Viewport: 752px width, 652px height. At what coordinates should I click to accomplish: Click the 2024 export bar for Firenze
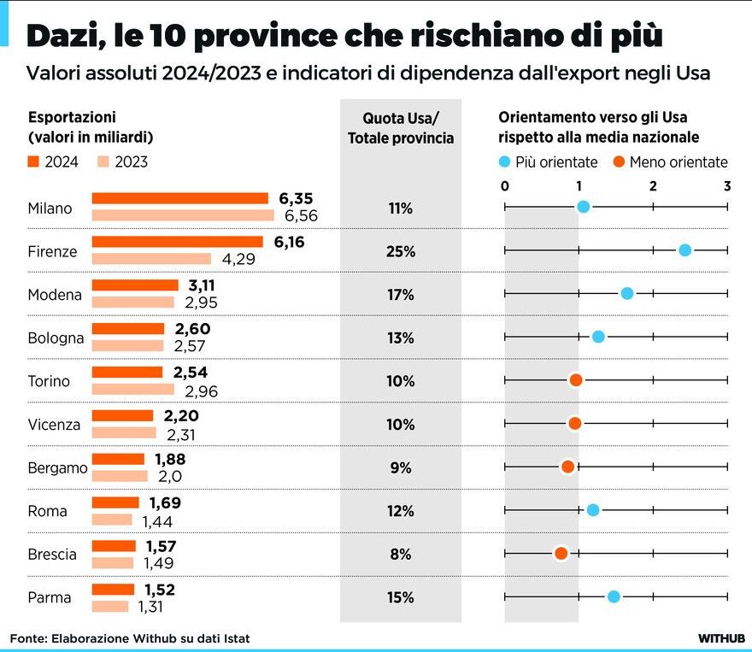click(x=177, y=242)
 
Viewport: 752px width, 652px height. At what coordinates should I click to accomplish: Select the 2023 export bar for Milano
click(x=182, y=215)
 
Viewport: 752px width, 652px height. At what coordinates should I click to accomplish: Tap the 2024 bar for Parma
click(x=113, y=589)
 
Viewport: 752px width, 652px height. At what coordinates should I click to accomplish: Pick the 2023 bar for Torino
click(x=132, y=389)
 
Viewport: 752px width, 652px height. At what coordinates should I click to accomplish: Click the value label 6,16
click(x=290, y=242)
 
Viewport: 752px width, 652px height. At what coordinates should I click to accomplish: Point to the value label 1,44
click(x=157, y=520)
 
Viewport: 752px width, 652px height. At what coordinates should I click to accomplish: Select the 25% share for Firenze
click(x=400, y=251)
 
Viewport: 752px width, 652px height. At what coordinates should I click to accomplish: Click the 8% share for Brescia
click(x=400, y=554)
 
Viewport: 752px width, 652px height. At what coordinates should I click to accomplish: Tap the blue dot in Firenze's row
click(x=684, y=250)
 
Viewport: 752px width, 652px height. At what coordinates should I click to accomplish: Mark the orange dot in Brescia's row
click(x=561, y=553)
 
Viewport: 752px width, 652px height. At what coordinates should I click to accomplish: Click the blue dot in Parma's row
click(x=614, y=596)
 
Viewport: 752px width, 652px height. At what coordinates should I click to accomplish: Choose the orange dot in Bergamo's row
click(x=567, y=466)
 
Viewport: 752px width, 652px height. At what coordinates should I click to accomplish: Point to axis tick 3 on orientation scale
click(x=727, y=185)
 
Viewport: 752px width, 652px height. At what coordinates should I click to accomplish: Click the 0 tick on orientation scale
click(x=505, y=185)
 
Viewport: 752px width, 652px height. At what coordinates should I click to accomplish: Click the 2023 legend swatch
click(x=102, y=162)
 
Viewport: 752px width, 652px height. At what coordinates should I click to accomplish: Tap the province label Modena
click(x=55, y=295)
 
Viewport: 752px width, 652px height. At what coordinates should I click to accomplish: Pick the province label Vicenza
click(x=54, y=424)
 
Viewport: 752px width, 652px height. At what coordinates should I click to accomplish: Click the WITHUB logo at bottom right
click(x=721, y=637)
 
